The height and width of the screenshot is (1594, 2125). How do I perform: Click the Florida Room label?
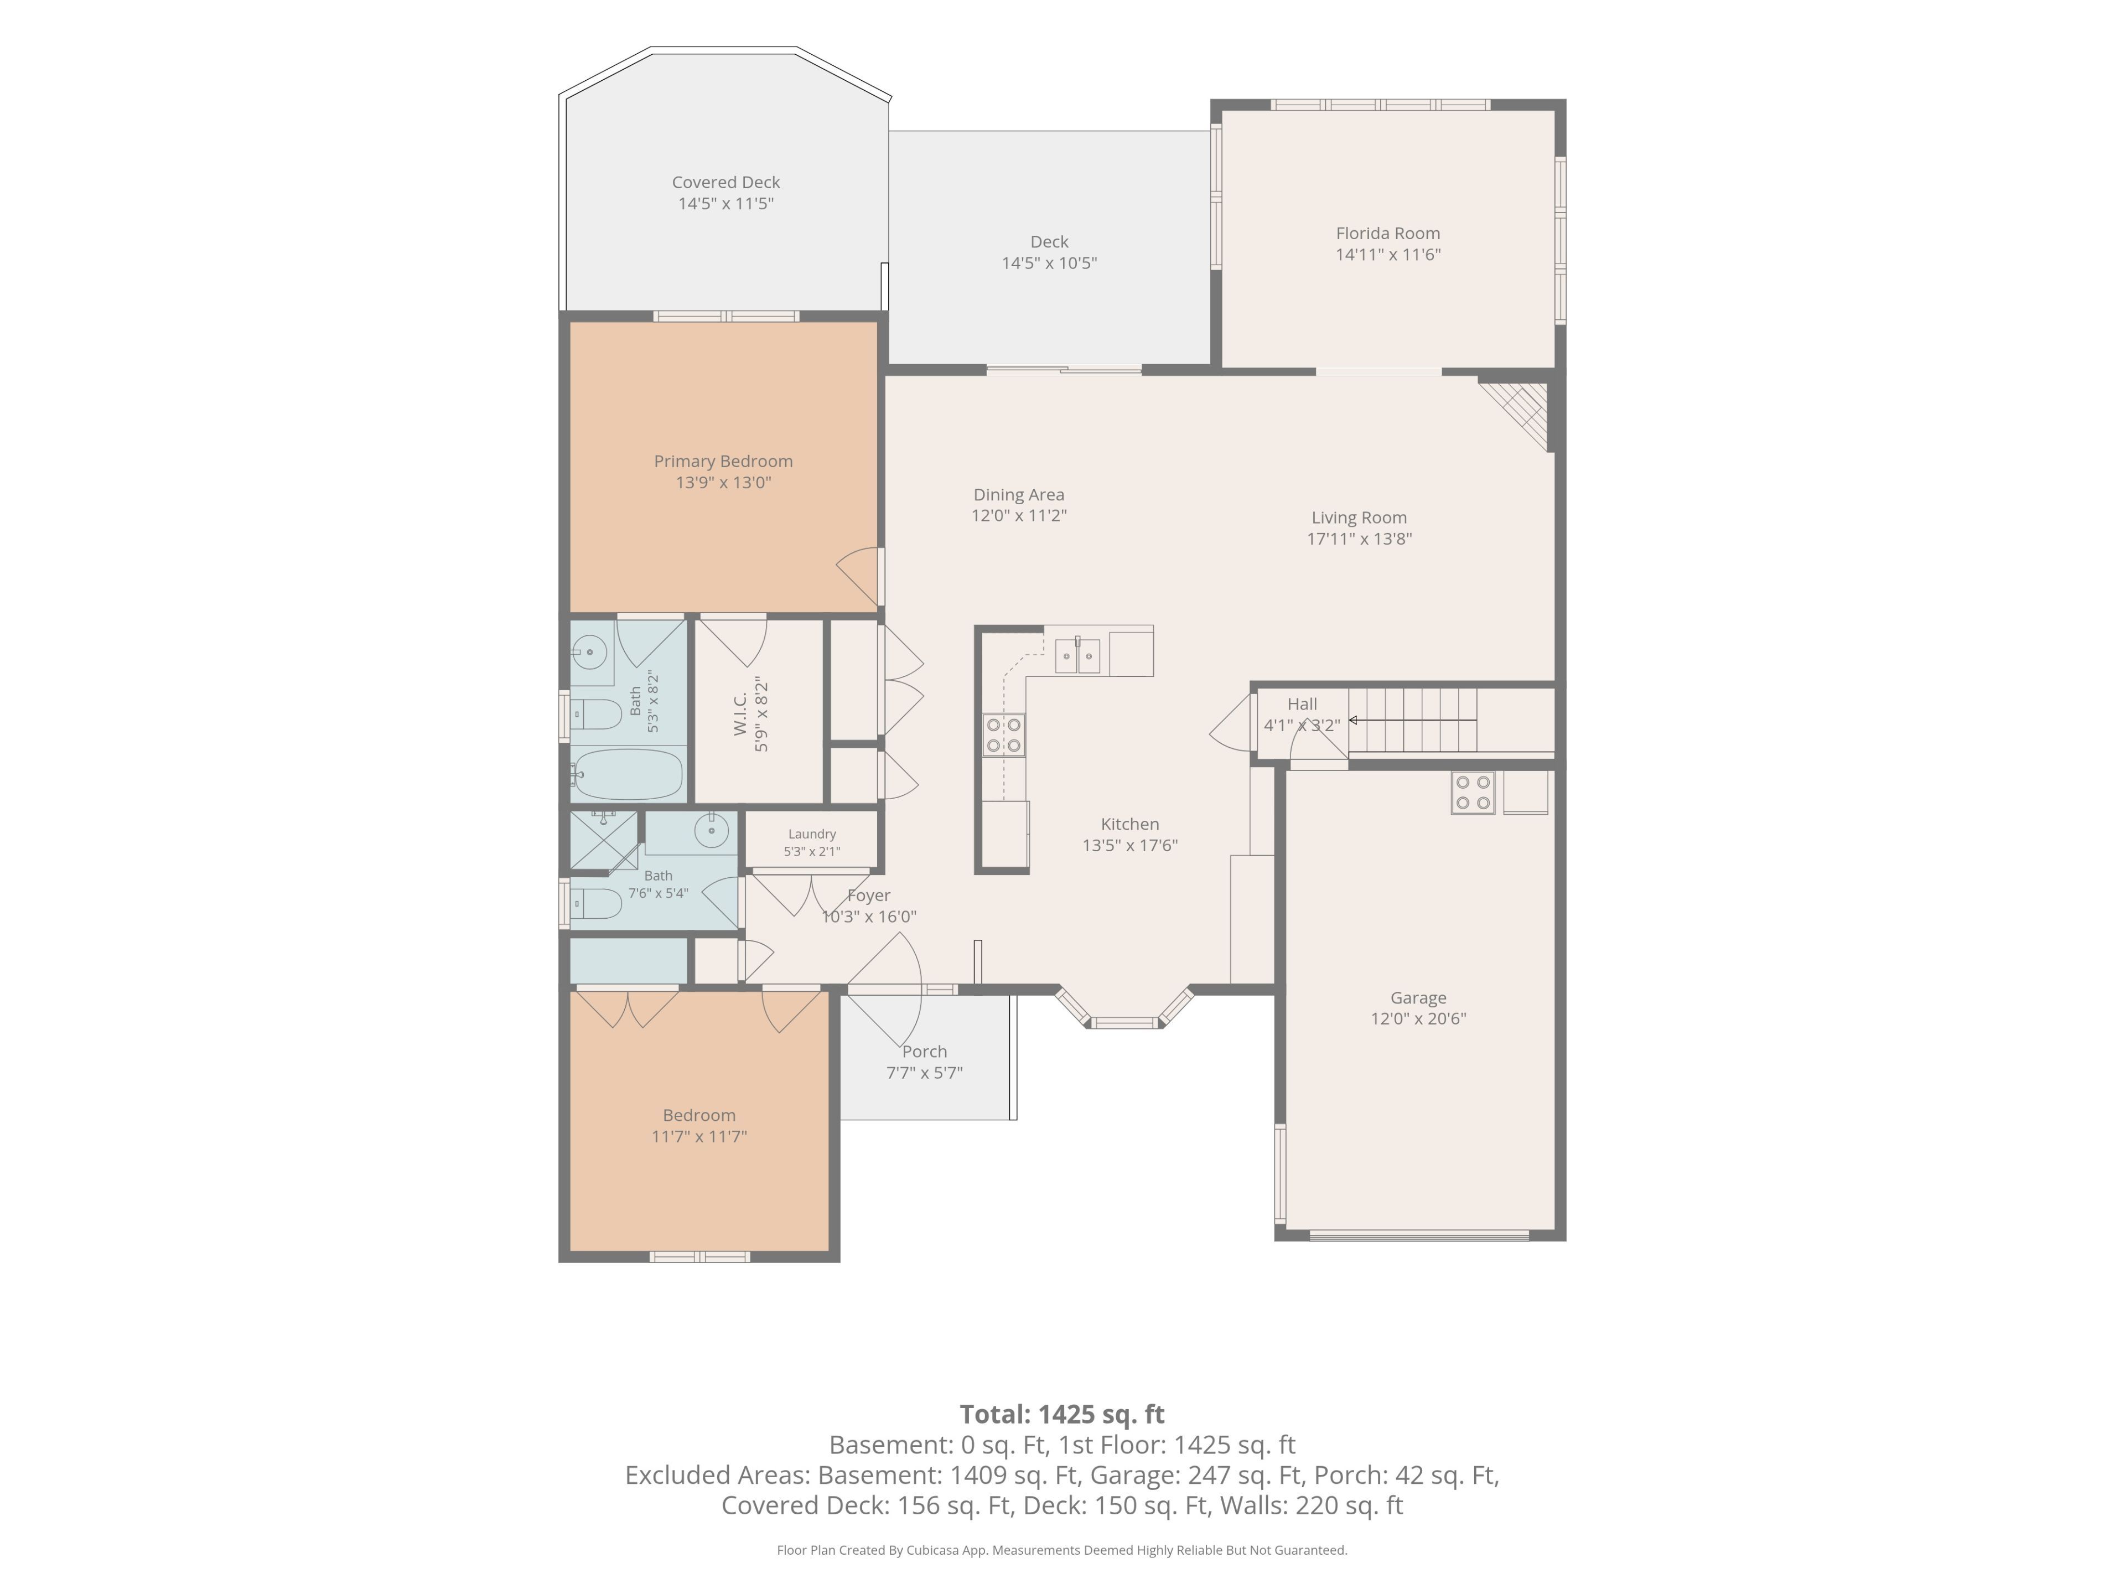1387,234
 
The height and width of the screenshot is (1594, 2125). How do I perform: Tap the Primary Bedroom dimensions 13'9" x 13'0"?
723,482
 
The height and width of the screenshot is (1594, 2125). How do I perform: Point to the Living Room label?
1359,518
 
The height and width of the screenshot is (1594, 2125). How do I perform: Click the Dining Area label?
1018,495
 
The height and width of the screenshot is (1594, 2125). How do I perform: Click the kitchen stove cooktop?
1003,735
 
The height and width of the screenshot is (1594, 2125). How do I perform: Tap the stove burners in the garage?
1473,794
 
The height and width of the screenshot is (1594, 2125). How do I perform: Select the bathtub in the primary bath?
626,774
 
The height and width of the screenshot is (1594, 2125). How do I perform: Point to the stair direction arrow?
1412,720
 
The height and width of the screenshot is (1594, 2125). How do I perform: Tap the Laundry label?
812,834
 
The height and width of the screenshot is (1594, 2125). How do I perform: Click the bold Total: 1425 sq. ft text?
1061,1414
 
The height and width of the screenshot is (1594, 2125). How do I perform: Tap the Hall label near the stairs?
1302,704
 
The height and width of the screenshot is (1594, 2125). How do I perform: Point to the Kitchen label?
1130,824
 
